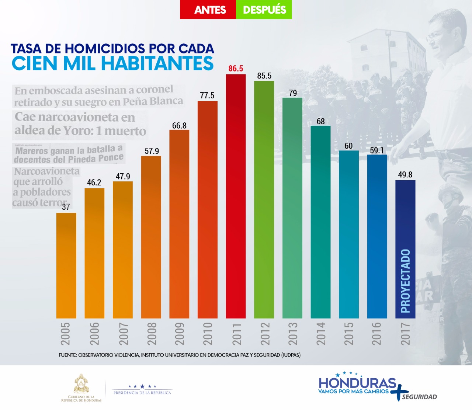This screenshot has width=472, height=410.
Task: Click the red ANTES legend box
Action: click(x=208, y=10)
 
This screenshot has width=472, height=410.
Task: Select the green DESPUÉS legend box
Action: click(x=264, y=10)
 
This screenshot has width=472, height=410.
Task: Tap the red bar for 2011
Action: click(x=236, y=195)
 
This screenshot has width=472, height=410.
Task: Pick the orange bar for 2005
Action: click(x=66, y=265)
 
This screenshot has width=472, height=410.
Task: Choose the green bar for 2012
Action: click(x=264, y=199)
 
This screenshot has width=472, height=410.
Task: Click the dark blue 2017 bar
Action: click(x=405, y=221)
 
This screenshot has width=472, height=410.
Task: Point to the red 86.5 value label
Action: click(x=236, y=69)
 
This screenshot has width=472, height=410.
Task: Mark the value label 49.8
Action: click(x=405, y=174)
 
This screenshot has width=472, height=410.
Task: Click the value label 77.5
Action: click(x=207, y=95)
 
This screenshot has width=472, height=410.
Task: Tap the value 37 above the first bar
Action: click(x=66, y=207)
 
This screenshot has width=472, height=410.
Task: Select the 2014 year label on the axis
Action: click(x=321, y=334)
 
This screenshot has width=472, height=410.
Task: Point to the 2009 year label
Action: click(x=180, y=334)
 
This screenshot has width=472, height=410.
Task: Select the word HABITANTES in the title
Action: click(x=157, y=63)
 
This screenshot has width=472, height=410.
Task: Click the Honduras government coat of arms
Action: click(x=81, y=383)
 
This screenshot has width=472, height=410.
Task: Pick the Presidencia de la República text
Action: click(x=142, y=393)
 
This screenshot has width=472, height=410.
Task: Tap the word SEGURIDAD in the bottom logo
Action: click(x=419, y=397)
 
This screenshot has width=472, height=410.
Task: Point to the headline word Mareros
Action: click(x=32, y=151)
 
